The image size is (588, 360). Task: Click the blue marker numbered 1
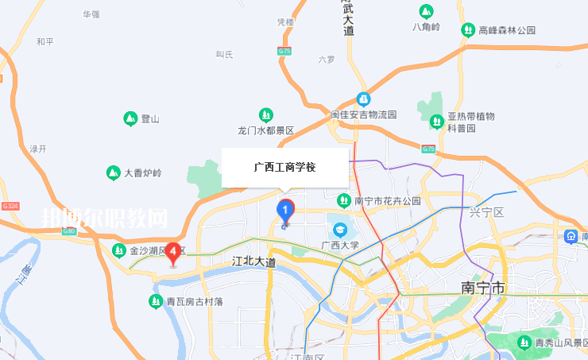coord(285,210)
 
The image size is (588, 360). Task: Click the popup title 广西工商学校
coord(284,168)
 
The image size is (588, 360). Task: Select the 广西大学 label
coord(340,245)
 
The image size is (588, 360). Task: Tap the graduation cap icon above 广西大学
coord(340,230)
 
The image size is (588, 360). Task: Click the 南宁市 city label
coord(483,287)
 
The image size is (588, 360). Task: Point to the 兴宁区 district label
coord(487,212)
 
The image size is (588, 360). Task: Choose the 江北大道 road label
coord(253,261)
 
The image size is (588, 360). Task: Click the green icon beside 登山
coord(130,119)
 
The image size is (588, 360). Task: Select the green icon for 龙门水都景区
coord(266,115)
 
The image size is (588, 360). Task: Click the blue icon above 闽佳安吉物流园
coord(363,99)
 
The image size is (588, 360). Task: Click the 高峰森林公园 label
coord(507,30)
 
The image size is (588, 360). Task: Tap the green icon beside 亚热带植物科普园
coord(436,122)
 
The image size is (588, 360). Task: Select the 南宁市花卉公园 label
coord(387,200)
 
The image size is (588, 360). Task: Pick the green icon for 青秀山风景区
coord(524,343)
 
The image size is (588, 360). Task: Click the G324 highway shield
coord(10,206)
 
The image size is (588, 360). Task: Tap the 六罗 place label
coord(327,59)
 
